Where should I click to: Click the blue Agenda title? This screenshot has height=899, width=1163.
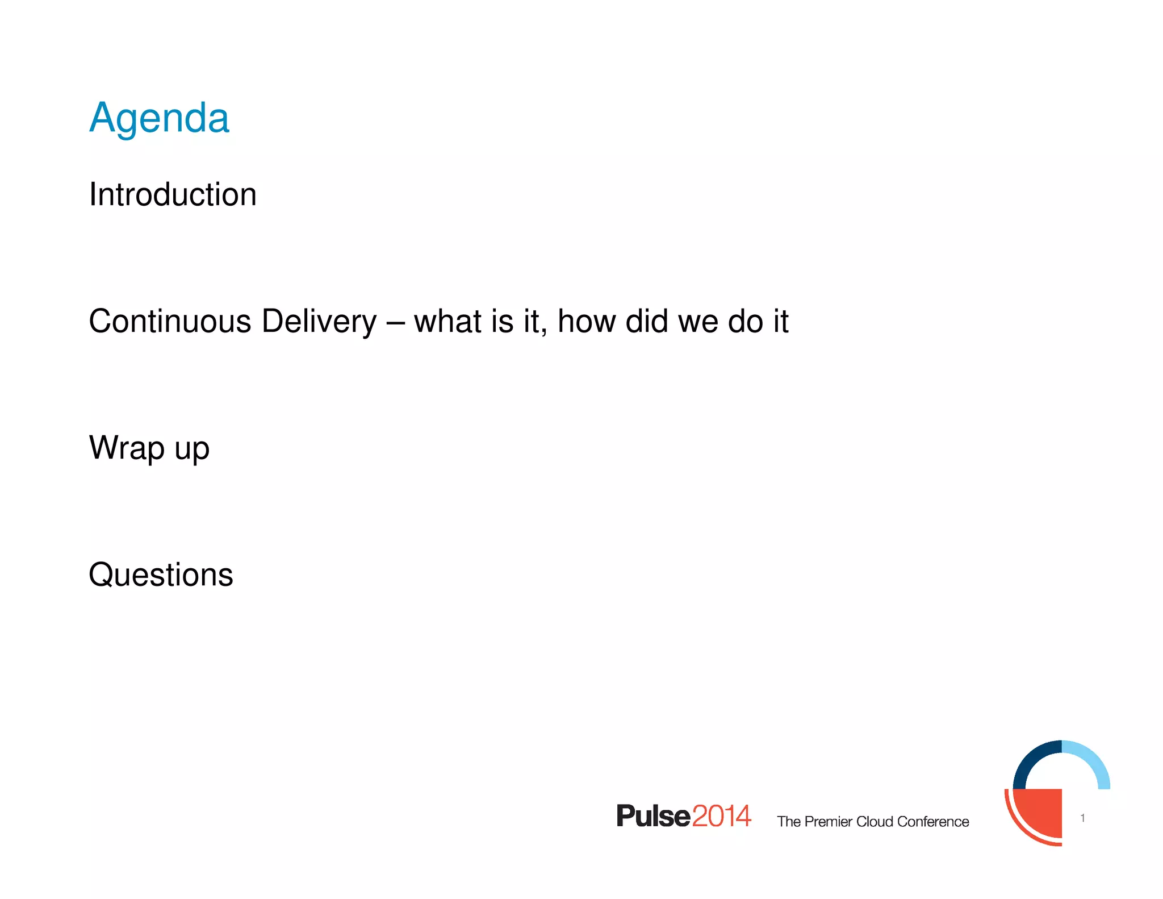click(x=159, y=118)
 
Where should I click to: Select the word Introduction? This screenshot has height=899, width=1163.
click(x=173, y=195)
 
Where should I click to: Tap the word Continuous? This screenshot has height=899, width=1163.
click(x=170, y=322)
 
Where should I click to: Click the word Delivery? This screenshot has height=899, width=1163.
click(x=319, y=322)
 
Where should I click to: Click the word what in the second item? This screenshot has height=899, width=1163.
click(x=447, y=322)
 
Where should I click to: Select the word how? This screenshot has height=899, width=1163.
click(x=587, y=322)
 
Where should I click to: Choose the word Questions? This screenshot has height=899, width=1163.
click(x=161, y=575)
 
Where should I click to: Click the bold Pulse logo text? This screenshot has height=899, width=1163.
click(x=653, y=817)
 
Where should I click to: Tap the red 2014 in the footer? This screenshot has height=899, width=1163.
click(x=721, y=817)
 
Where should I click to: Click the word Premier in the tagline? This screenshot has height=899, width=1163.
click(x=829, y=822)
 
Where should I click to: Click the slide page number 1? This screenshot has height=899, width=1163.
click(x=1082, y=818)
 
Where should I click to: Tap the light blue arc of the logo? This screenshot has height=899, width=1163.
click(x=1093, y=760)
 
